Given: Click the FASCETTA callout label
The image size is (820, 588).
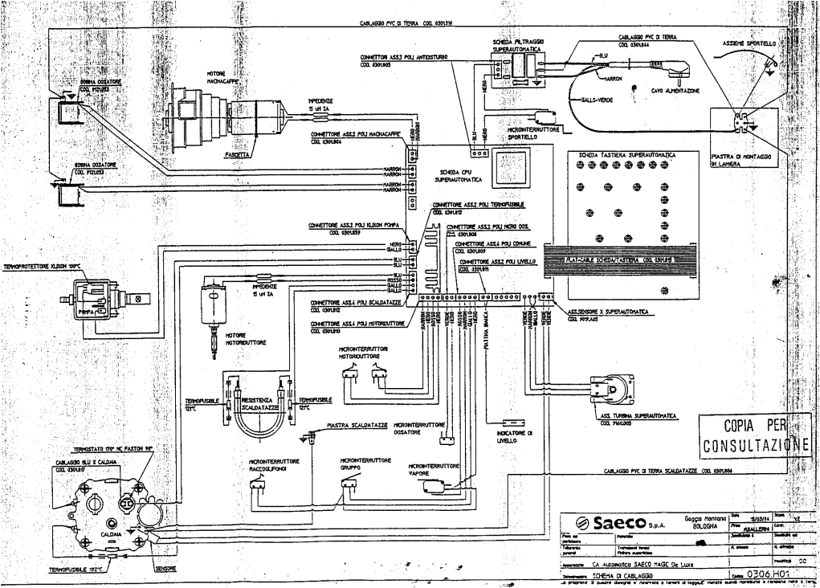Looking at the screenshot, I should (x=238, y=154).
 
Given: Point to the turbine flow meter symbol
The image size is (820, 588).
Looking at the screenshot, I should (x=622, y=389).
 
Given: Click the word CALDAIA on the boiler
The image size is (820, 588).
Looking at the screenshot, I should (x=111, y=533).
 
